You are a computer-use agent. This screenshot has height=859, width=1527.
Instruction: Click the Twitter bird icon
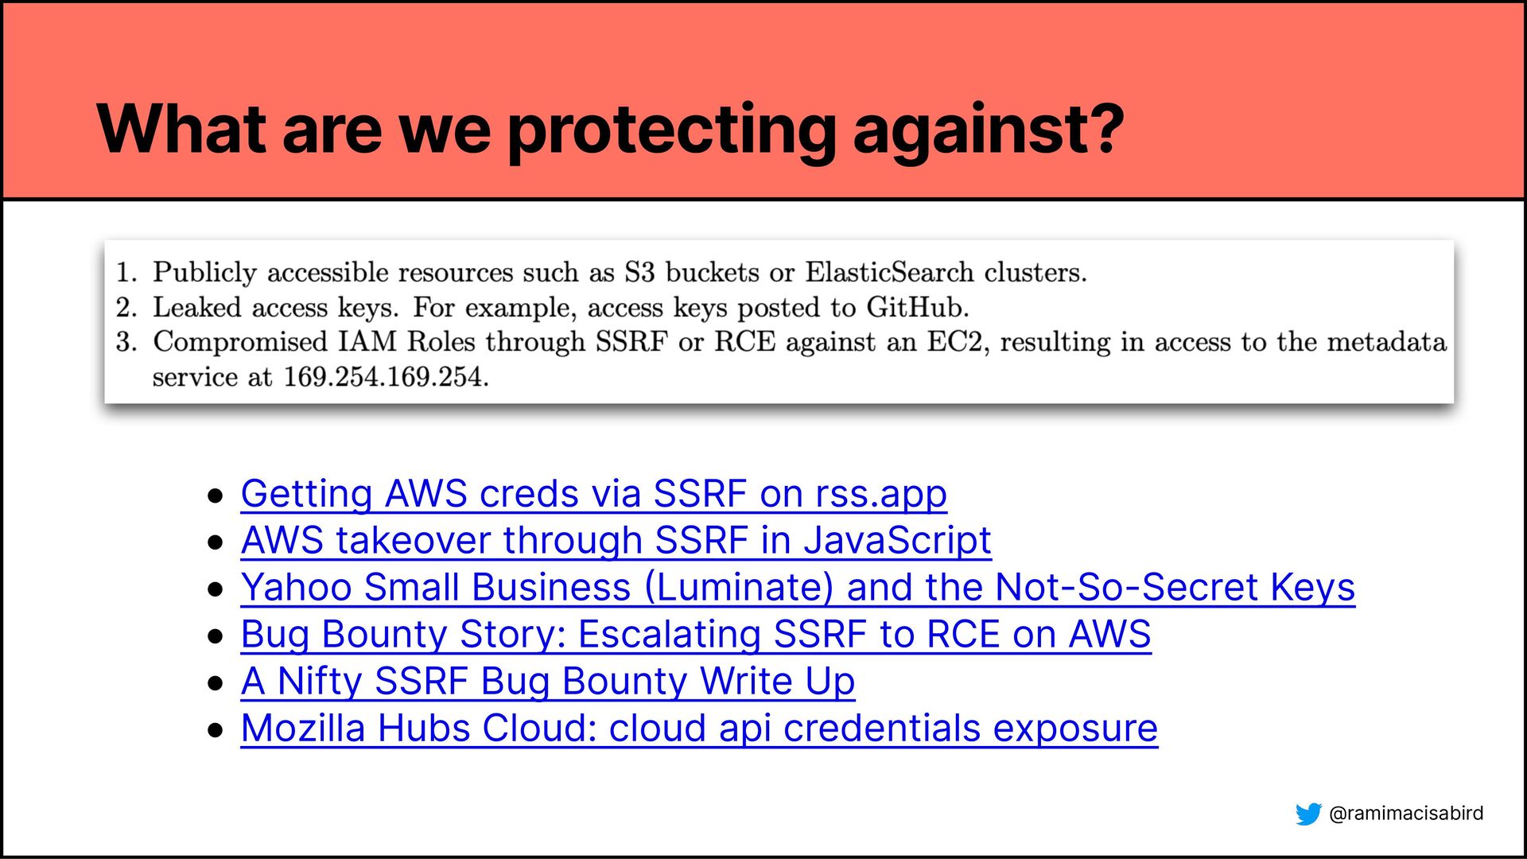pyautogui.click(x=1308, y=814)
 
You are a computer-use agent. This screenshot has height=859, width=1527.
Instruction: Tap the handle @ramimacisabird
pyautogui.click(x=1406, y=813)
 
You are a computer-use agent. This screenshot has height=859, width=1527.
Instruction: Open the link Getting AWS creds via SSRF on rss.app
pyautogui.click(x=593, y=494)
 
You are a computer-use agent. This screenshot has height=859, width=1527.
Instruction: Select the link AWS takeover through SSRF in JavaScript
pyautogui.click(x=616, y=540)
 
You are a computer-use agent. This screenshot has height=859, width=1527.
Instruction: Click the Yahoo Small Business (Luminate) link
pyautogui.click(x=798, y=587)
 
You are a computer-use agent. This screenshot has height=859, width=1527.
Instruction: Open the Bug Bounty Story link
pyautogui.click(x=696, y=634)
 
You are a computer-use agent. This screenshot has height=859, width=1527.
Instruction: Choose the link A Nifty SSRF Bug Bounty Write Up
pyautogui.click(x=548, y=681)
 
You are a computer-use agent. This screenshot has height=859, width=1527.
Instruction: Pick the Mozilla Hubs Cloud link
pyautogui.click(x=699, y=728)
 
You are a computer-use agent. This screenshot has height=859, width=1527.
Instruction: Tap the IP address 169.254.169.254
pyautogui.click(x=386, y=377)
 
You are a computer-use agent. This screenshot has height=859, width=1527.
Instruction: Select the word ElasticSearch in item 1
pyautogui.click(x=889, y=272)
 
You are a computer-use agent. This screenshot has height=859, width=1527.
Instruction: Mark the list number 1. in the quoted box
pyautogui.click(x=126, y=272)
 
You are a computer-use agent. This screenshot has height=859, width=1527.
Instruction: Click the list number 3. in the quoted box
pyautogui.click(x=126, y=342)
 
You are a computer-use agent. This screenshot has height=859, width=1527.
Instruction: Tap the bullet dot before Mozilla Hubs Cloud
pyautogui.click(x=215, y=729)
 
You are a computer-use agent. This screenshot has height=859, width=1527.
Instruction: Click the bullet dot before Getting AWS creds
pyautogui.click(x=215, y=496)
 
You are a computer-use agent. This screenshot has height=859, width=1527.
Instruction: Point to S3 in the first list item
pyautogui.click(x=639, y=272)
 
